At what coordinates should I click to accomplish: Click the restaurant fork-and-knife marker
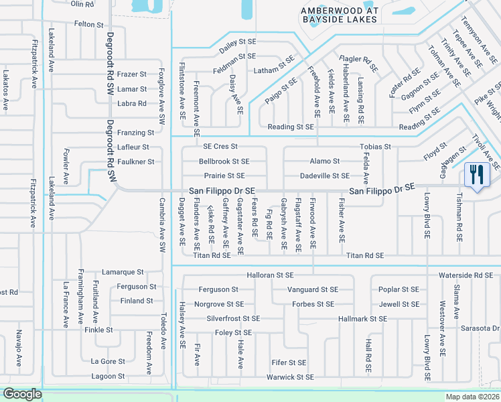477,176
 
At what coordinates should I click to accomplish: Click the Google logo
22,394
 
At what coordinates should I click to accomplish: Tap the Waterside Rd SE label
466,275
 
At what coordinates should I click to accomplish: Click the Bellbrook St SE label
224,161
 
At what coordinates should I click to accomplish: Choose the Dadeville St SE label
325,176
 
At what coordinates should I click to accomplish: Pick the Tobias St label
375,147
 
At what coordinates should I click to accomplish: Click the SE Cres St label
220,147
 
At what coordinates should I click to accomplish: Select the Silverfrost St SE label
233,318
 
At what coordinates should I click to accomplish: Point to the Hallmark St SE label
363,319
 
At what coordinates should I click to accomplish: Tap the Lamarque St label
123,272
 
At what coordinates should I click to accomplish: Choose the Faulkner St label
137,161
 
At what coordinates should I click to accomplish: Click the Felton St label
89,24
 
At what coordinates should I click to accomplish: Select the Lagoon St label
108,376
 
